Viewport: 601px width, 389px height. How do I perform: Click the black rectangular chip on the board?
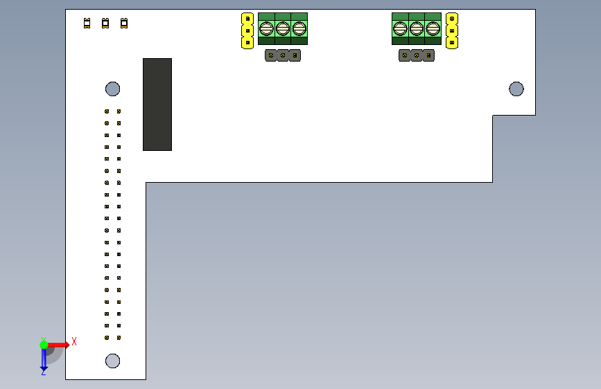[x=157, y=105]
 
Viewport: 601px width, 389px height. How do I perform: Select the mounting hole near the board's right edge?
[x=516, y=89]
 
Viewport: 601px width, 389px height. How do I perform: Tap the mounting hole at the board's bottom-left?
[x=112, y=361]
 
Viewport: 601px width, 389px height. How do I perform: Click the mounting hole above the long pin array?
[x=112, y=89]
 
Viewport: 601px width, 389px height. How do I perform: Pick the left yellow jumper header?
[x=247, y=30]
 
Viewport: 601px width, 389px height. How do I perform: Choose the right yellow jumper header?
[x=452, y=30]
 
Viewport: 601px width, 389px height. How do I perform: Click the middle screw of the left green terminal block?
[x=283, y=28]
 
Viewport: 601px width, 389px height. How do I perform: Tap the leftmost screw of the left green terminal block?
[x=267, y=28]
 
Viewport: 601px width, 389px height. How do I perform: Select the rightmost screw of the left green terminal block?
[x=299, y=28]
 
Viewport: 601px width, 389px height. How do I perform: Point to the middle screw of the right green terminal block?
[x=417, y=28]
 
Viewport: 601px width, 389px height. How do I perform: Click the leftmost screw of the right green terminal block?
[x=401, y=28]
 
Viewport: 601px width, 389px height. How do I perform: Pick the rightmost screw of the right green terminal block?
[x=433, y=28]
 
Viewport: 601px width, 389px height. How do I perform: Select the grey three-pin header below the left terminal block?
[x=283, y=55]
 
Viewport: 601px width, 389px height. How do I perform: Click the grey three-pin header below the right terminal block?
[x=417, y=55]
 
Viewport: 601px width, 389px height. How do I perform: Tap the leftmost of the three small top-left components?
[x=87, y=24]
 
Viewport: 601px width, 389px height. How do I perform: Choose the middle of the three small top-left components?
[x=105, y=24]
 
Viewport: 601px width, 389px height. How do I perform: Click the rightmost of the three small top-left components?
[x=124, y=24]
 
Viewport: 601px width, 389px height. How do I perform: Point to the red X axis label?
[x=74, y=341]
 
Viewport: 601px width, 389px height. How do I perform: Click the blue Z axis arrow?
[x=44, y=359]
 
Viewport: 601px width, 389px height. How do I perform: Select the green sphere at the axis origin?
[x=44, y=344]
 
